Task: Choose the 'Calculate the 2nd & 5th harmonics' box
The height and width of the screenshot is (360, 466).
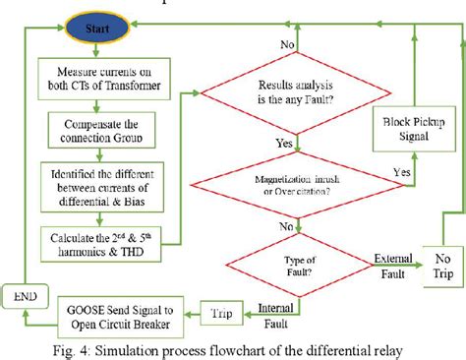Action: (96, 238)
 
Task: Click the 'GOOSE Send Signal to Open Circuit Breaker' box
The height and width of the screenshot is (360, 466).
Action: (113, 309)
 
